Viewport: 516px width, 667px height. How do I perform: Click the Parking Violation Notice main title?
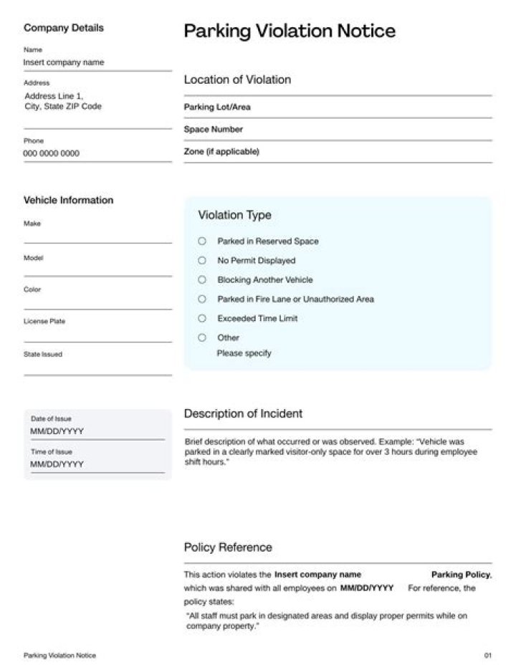click(x=290, y=31)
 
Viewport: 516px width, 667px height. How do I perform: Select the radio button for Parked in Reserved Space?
click(x=202, y=241)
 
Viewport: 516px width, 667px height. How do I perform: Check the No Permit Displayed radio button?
click(x=202, y=261)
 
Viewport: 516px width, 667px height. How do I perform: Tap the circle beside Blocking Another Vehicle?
click(x=202, y=280)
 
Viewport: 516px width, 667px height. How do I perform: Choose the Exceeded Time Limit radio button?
click(x=202, y=318)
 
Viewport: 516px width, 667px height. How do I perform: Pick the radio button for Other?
click(x=202, y=337)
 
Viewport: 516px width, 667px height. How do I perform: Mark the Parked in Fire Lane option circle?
click(x=202, y=299)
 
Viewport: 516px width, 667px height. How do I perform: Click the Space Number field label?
click(x=214, y=130)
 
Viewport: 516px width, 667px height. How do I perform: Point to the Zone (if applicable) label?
click(x=221, y=152)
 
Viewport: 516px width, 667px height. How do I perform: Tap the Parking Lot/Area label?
click(x=217, y=107)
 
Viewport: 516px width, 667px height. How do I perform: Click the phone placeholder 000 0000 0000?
click(x=52, y=153)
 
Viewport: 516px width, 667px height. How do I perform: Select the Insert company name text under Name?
click(x=64, y=62)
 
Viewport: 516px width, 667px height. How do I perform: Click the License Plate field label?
click(x=44, y=322)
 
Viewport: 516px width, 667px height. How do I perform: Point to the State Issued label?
click(x=43, y=354)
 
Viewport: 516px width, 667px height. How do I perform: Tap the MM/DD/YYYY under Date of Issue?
click(x=57, y=431)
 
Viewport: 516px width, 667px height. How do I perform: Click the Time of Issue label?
click(x=52, y=452)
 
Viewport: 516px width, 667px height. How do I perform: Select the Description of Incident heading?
click(x=243, y=413)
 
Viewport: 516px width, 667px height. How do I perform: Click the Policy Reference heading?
click(x=228, y=547)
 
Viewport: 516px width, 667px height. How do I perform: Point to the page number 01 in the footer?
click(x=488, y=656)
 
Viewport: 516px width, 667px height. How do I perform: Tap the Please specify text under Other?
click(x=244, y=353)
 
